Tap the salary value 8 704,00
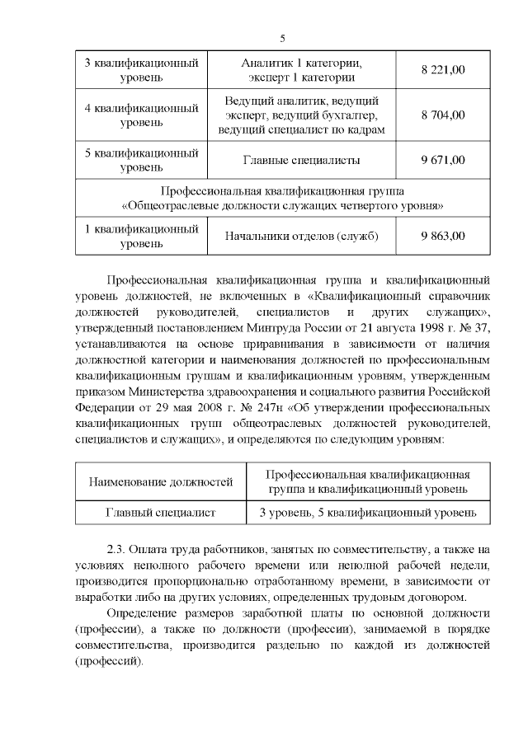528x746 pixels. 442,115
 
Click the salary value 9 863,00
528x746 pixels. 442,236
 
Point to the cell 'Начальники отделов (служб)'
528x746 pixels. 302,237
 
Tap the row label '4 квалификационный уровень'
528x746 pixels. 142,115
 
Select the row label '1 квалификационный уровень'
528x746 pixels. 142,236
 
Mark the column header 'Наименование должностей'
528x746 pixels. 161,481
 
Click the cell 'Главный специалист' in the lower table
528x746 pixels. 161,513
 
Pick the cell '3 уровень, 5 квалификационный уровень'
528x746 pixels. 368,513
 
